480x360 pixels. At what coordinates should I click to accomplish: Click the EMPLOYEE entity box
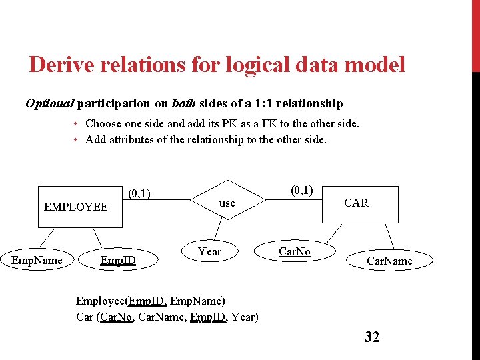pos(75,207)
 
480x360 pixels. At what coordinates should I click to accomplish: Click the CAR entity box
pos(355,203)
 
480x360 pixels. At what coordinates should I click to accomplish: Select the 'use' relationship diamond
pos(227,203)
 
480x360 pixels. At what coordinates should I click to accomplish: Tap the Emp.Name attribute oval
pos(37,260)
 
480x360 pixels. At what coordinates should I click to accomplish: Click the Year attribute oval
pos(209,251)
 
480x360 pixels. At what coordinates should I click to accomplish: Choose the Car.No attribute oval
pos(294,251)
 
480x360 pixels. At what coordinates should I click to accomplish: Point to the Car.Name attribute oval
pos(389,261)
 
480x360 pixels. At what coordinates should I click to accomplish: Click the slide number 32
pos(372,337)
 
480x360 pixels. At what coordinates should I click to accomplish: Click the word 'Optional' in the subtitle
pos(49,103)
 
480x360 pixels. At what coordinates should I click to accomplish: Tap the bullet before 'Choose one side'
pos(77,123)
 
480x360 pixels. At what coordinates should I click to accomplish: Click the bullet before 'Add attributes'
pos(77,139)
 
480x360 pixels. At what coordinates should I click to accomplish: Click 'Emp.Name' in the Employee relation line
pos(200,301)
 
